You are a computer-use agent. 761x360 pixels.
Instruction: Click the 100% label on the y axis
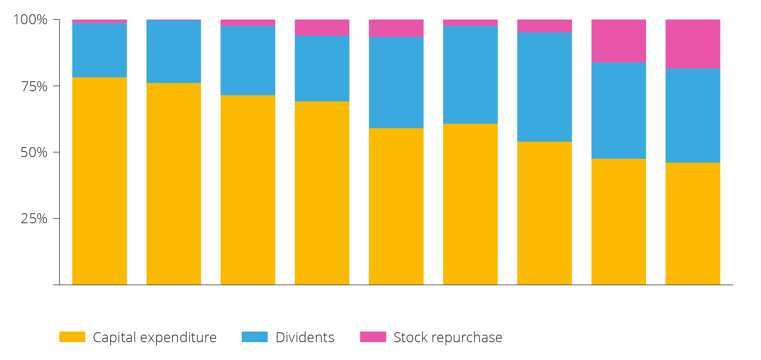30,19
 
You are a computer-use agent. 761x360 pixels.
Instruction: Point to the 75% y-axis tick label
34,86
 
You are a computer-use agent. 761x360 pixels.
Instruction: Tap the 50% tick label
34,152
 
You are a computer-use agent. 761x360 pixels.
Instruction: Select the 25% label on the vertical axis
34,218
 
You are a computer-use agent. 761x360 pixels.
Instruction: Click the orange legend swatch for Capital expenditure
72,337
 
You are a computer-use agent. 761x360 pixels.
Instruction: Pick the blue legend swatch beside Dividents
254,337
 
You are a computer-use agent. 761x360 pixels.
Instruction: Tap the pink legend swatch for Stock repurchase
373,337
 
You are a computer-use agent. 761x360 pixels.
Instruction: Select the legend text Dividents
305,337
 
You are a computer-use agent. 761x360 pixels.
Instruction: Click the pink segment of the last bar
692,44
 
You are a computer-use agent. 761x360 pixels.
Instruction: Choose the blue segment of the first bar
99,50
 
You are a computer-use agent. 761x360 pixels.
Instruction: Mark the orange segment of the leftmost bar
99,181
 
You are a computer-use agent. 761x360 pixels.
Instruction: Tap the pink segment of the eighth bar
618,41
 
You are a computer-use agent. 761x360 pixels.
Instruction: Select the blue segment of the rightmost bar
692,115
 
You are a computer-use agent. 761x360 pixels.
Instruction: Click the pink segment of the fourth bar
322,27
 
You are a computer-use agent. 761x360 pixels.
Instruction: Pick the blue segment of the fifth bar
396,82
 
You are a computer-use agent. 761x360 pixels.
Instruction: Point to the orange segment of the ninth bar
692,224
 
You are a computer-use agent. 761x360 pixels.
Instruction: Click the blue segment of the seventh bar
544,87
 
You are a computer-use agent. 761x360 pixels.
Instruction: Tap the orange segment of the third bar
248,190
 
